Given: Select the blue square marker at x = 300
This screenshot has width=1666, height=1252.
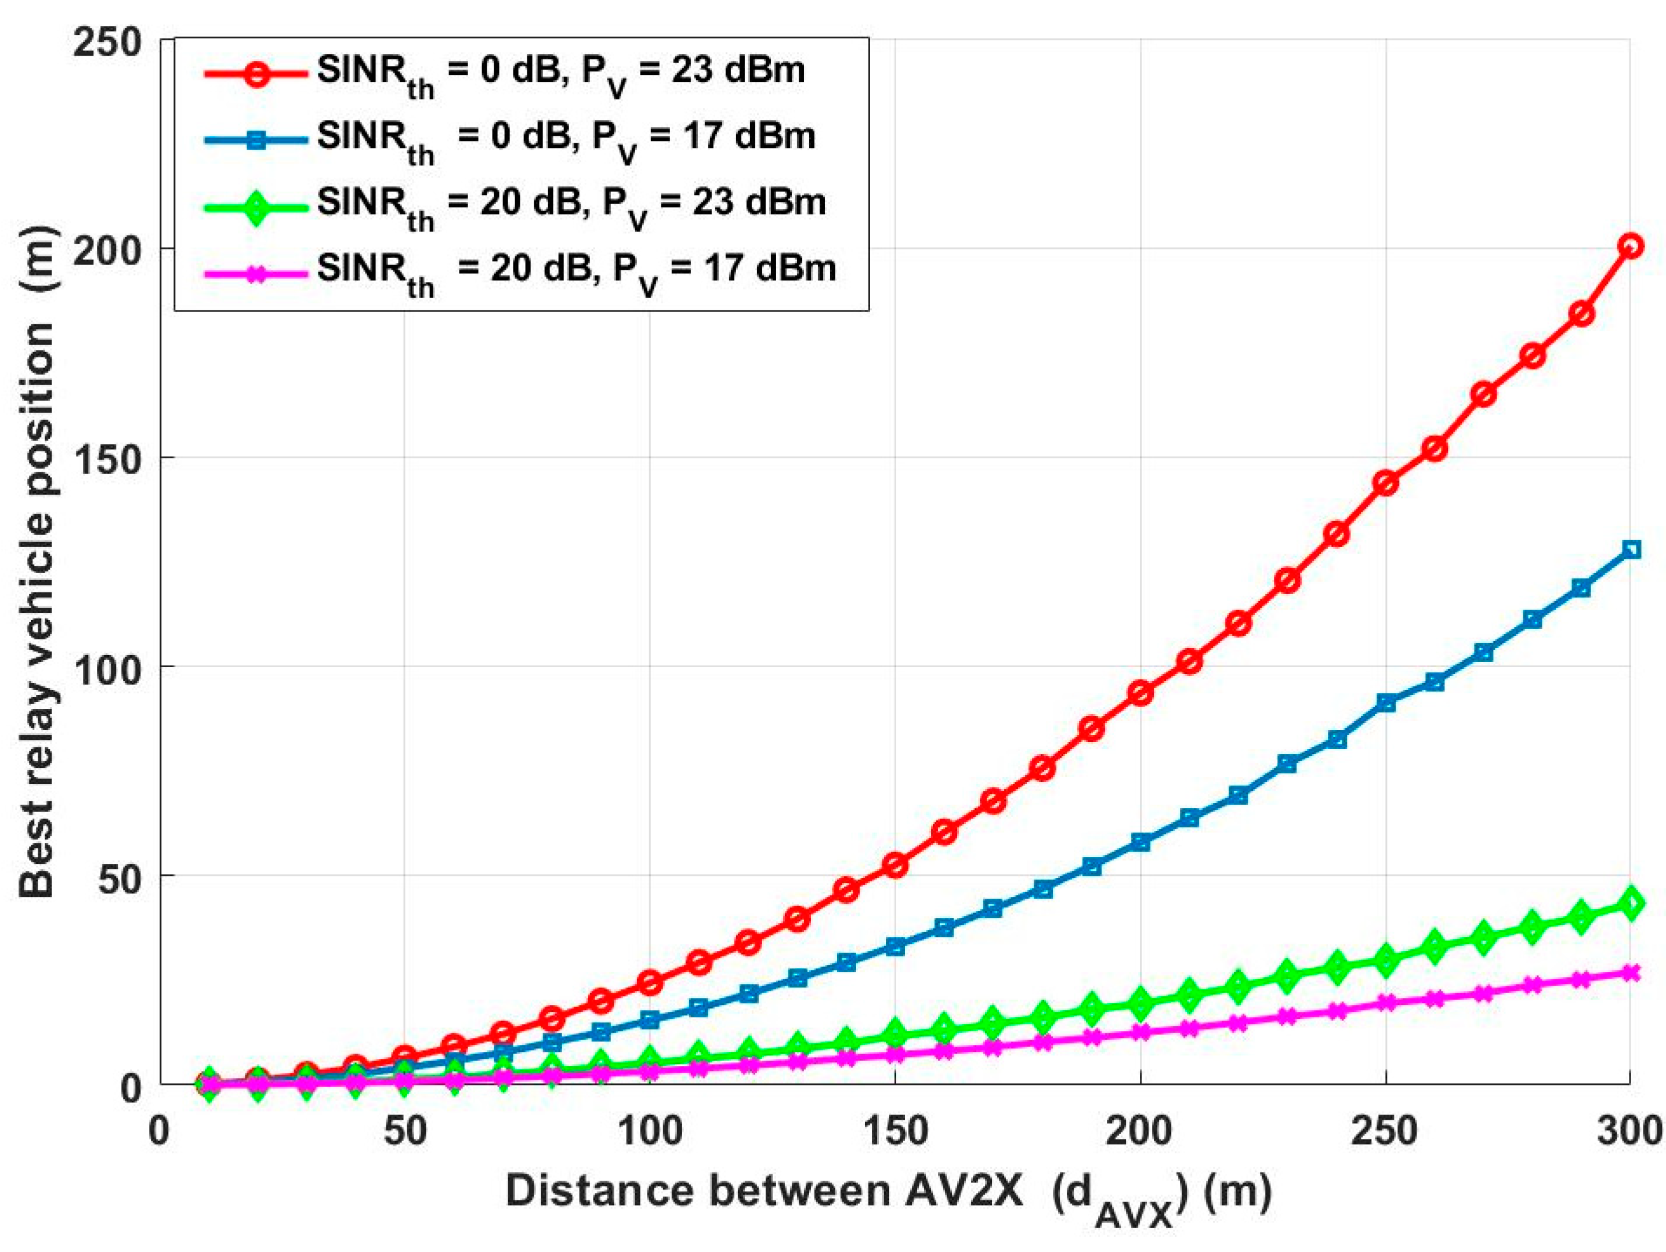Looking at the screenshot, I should tap(1631, 550).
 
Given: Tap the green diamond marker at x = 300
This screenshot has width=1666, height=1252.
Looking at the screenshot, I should tap(1631, 903).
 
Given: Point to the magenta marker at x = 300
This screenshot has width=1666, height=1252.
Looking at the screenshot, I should tap(1631, 972).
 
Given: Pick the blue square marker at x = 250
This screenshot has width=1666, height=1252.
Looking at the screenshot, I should tap(1386, 703).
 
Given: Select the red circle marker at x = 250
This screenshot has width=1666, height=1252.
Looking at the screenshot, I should tap(1386, 483).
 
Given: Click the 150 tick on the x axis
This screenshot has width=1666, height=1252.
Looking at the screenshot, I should tap(894, 1132).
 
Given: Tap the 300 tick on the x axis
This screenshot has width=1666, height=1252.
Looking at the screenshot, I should tap(1628, 1132).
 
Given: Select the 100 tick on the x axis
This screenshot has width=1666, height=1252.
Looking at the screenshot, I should tap(650, 1132).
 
